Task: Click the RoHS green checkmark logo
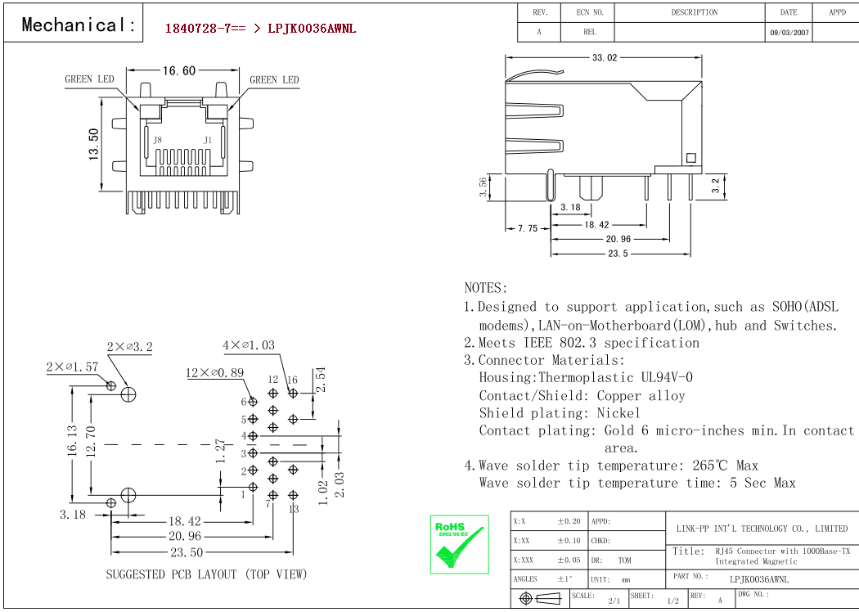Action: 459,544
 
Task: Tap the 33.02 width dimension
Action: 605,57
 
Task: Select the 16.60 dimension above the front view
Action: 178,70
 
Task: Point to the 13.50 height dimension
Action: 94,144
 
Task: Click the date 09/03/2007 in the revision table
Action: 789,33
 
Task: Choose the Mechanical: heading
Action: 79,25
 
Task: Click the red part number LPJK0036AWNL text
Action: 312,29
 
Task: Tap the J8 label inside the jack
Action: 158,140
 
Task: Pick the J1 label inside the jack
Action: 208,140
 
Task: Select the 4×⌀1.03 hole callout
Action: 249,345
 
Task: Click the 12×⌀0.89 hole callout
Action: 214,372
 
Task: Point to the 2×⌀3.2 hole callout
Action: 130,347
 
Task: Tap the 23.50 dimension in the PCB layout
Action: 187,552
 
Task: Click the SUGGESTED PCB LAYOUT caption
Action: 206,574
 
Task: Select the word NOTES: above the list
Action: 486,288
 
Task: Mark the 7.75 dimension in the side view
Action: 528,228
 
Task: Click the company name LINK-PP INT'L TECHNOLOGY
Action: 762,529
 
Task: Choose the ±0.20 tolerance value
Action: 569,522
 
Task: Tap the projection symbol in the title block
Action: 540,598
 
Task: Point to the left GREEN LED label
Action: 89,79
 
